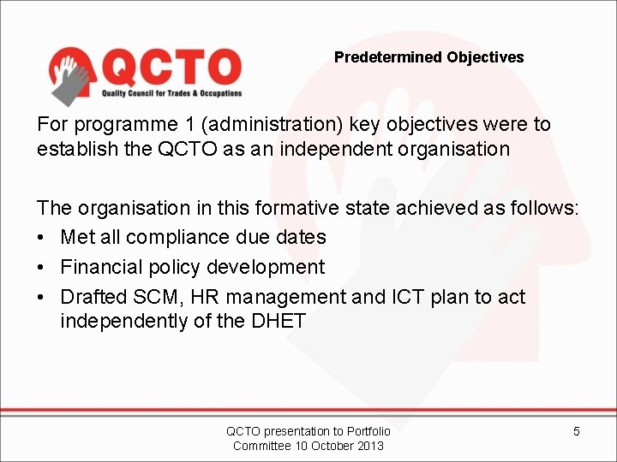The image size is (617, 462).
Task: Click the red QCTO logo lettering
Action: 171,67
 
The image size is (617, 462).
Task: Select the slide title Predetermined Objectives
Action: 428,57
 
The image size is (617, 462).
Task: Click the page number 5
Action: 576,431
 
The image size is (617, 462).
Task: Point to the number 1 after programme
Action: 171,124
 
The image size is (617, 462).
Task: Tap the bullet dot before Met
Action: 43,238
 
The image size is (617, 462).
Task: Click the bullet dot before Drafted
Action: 43,298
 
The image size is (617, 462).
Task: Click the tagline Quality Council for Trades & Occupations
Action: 171,93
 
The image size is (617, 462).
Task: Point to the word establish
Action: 71,148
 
